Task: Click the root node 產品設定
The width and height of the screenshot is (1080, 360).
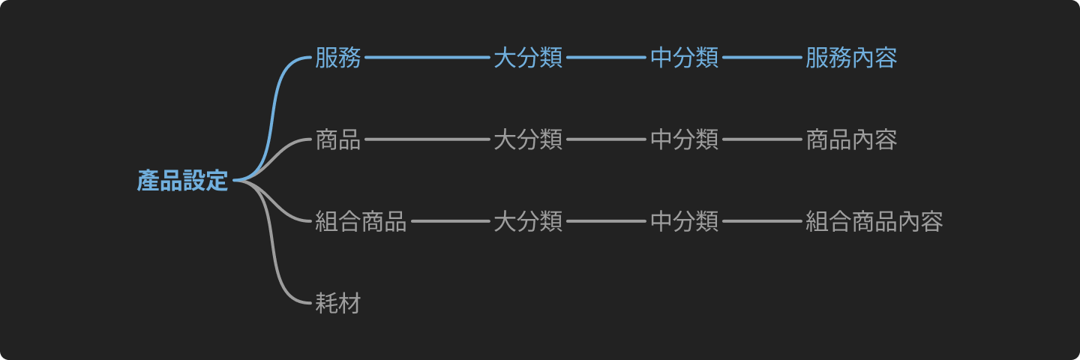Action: [x=182, y=181]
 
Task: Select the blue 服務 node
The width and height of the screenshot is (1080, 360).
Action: [x=338, y=58]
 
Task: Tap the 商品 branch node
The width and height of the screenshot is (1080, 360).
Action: [x=338, y=139]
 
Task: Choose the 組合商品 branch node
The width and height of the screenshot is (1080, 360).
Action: [x=361, y=221]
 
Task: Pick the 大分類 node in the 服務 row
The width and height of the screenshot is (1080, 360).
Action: [x=528, y=58]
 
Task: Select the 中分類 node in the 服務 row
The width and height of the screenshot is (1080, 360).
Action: [x=684, y=58]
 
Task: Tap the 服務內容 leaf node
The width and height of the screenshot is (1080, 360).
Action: [x=851, y=58]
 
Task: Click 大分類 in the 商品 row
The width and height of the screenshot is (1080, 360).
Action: [x=528, y=139]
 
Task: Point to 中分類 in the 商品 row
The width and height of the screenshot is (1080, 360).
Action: [x=684, y=139]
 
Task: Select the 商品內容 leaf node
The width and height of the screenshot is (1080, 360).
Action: [x=851, y=139]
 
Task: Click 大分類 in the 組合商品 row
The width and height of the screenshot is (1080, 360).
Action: [x=528, y=221]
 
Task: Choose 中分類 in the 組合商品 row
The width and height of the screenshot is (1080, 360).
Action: [x=684, y=221]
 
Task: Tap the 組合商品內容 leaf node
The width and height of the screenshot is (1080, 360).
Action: [x=874, y=221]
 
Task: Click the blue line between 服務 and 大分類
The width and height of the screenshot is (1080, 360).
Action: [x=426, y=58]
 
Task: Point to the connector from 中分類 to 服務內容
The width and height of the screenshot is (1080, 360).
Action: [x=761, y=58]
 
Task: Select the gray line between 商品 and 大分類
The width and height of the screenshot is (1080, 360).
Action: [x=426, y=139]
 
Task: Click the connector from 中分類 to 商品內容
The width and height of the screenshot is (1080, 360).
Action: [x=761, y=139]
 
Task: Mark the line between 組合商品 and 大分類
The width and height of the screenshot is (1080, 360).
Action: [x=449, y=221]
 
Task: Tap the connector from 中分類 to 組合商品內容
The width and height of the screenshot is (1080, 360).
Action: [x=761, y=221]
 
